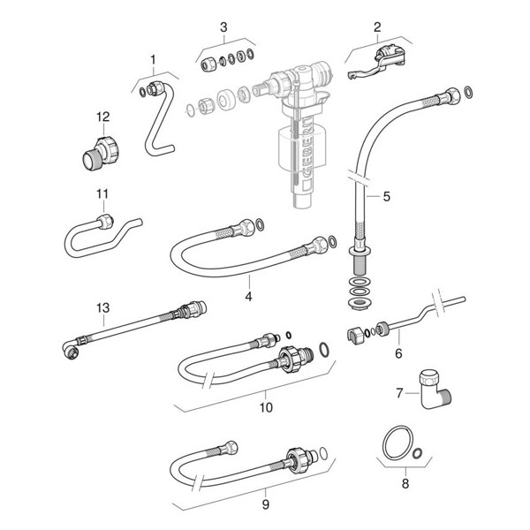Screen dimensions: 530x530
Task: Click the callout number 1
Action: click(153, 60)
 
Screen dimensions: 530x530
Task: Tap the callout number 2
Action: click(377, 26)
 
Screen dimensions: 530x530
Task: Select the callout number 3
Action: click(223, 26)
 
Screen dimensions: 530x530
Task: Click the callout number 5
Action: click(385, 197)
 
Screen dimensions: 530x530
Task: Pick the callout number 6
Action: click(397, 352)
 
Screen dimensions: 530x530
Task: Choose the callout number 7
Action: click(397, 390)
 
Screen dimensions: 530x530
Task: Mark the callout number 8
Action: click(405, 484)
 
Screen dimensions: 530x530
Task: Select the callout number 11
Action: click(101, 193)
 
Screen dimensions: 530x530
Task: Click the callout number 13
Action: click(103, 307)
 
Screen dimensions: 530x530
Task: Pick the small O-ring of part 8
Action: click(419, 453)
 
